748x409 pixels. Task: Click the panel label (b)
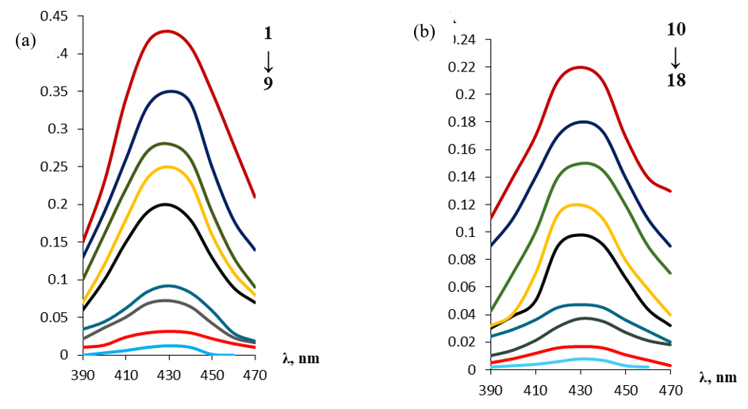tap(424, 32)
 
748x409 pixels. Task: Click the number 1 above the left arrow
tap(268, 33)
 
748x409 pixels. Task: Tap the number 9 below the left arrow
tap(268, 82)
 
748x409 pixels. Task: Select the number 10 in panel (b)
tap(676, 29)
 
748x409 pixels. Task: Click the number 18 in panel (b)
tap(676, 81)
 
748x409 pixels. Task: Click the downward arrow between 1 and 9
tap(268, 59)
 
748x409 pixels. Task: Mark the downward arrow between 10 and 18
tap(676, 55)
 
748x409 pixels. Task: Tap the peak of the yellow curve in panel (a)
tap(166, 166)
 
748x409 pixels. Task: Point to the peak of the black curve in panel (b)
tap(581, 235)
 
